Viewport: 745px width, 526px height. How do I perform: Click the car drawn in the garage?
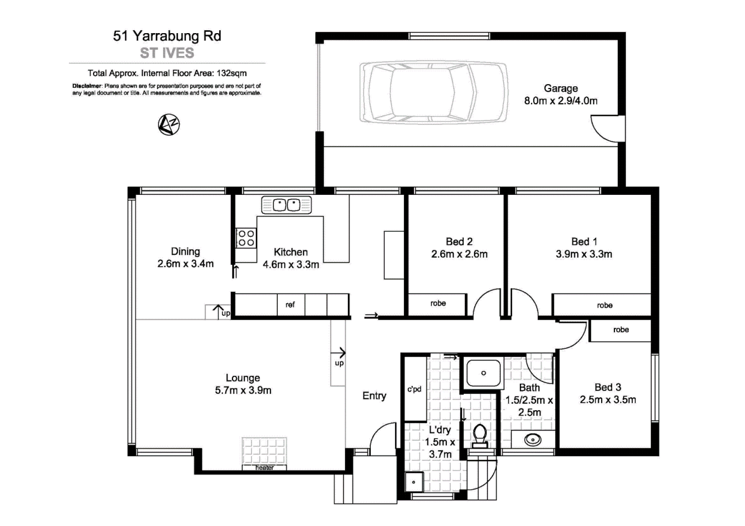(x=433, y=93)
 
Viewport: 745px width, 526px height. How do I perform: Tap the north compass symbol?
(x=169, y=125)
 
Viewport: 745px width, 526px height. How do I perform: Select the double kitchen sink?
(x=287, y=205)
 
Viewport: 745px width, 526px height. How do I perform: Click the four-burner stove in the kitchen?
(x=246, y=238)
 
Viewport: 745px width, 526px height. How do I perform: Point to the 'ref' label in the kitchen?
(x=290, y=305)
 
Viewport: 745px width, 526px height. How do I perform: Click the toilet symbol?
(x=480, y=435)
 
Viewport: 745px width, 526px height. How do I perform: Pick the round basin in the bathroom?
(x=533, y=440)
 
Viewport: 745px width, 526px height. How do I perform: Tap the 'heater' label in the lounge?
(x=265, y=468)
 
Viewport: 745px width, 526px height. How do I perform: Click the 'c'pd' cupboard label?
(x=414, y=389)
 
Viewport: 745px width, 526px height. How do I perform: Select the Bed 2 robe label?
(x=438, y=303)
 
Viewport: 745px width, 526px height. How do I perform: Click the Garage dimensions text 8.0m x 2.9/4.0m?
(x=560, y=101)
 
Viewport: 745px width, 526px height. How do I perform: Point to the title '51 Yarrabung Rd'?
(x=167, y=36)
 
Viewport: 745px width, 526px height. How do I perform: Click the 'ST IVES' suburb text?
(x=167, y=53)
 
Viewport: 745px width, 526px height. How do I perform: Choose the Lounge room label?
(x=243, y=378)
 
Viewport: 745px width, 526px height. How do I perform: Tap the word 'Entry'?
(x=374, y=396)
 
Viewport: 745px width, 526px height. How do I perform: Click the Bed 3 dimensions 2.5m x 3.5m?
(x=608, y=400)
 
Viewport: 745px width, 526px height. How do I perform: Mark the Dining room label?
(x=185, y=252)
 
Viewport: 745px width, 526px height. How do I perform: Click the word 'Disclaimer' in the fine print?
(x=87, y=86)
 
